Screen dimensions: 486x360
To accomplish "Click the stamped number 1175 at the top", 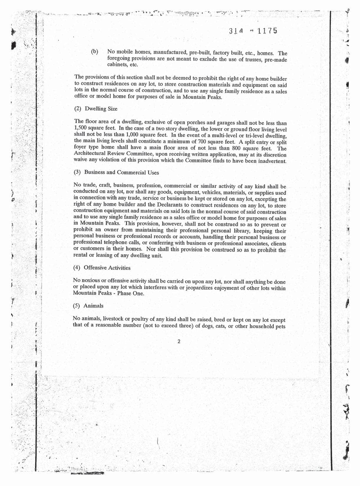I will point(267,31).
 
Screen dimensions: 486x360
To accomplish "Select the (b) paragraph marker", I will point(94,52).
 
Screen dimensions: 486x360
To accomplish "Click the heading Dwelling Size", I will point(101,109).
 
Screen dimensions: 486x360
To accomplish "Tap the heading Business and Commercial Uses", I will point(121,172).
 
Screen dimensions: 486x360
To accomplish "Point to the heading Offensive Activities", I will point(107,268).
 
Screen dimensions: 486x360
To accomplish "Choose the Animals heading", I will point(93,306).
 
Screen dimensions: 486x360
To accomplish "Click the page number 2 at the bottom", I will point(179,342).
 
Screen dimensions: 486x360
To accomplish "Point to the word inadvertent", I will point(271,161).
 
